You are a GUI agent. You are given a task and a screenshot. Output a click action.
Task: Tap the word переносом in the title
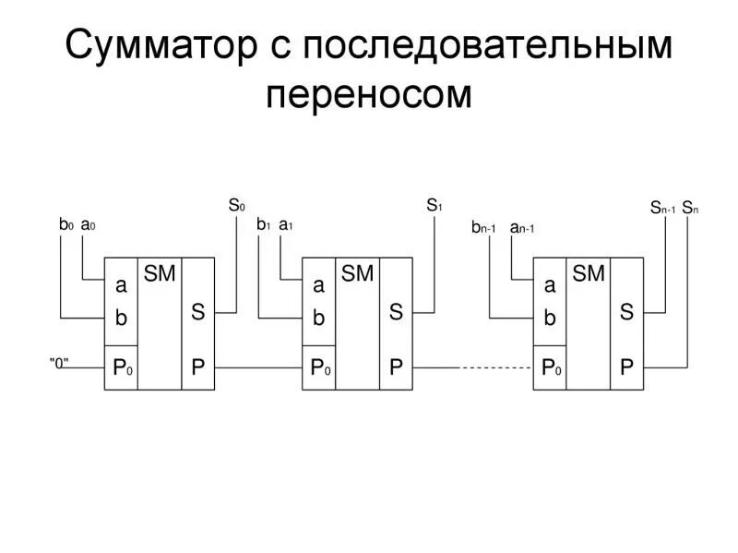click(x=368, y=95)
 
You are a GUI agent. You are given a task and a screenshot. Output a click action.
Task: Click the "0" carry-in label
click(x=60, y=363)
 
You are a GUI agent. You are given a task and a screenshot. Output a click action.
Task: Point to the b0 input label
click(x=65, y=224)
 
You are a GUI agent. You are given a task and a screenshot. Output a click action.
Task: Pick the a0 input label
click(x=89, y=224)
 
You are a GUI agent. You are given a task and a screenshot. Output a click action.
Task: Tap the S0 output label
click(x=236, y=205)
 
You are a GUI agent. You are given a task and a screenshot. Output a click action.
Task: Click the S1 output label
click(x=434, y=205)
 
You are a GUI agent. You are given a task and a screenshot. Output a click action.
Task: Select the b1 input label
click(x=263, y=224)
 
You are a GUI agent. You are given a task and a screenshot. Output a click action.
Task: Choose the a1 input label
click(x=286, y=224)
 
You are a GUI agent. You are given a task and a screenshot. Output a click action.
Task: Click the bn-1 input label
click(x=484, y=227)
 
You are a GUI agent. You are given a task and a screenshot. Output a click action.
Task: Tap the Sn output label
click(x=690, y=208)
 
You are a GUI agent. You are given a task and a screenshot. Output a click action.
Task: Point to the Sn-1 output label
click(x=662, y=208)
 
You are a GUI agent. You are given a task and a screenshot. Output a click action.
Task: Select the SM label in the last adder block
click(x=589, y=273)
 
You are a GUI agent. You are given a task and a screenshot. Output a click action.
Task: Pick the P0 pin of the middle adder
click(x=319, y=367)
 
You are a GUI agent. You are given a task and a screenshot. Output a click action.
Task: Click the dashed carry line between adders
click(x=495, y=367)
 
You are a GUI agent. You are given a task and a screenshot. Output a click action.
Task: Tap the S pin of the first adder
click(x=197, y=312)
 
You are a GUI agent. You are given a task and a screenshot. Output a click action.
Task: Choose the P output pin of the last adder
click(x=626, y=367)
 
